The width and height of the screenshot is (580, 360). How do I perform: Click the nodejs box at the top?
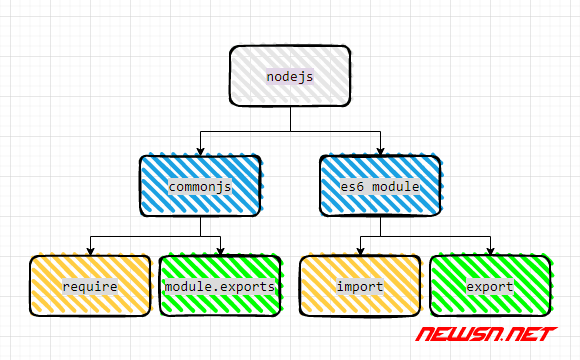point(290,75)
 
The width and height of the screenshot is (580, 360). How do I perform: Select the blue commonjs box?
point(200,185)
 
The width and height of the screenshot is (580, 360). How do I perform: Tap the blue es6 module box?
point(380,185)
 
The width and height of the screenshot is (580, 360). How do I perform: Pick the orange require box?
point(90,287)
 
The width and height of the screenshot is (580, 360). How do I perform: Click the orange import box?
point(360,287)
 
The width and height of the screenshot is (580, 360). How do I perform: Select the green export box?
point(490,287)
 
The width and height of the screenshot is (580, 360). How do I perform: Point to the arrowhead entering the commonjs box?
point(200,150)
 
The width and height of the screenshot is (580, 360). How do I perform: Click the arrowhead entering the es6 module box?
point(380,150)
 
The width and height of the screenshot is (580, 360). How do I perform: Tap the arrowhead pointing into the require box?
point(90,251)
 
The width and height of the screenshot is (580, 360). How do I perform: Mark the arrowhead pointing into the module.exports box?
point(220,251)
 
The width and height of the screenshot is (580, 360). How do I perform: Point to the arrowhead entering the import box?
point(360,251)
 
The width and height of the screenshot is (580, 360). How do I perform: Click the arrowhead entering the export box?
point(490,251)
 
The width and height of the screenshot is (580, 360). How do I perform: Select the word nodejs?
point(290,76)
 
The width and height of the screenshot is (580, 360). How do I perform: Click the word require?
point(90,288)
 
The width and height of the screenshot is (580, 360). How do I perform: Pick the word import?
point(360,288)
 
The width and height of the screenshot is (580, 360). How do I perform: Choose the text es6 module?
point(380,186)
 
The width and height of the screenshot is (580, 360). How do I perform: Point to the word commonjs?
point(200,186)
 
